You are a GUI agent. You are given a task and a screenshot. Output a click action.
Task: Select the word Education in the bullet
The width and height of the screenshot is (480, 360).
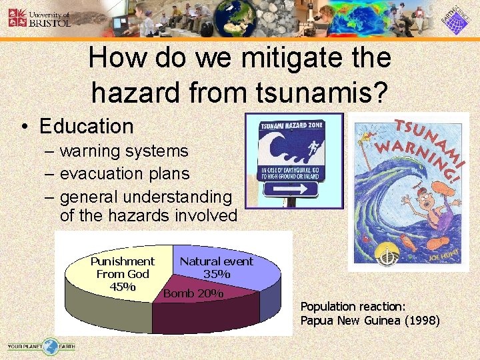coord(87,126)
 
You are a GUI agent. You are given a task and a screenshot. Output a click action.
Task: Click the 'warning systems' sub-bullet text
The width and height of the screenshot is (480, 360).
coord(124,151)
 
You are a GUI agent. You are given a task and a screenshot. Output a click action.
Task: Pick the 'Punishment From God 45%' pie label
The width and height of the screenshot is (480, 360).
coord(122,274)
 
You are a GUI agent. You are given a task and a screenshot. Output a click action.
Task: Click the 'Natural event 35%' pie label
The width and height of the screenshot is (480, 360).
coord(217,267)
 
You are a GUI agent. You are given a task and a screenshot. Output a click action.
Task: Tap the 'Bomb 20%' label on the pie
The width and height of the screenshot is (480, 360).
coord(193,293)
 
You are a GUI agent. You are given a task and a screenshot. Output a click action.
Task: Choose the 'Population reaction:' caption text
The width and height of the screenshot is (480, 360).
coord(353,307)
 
